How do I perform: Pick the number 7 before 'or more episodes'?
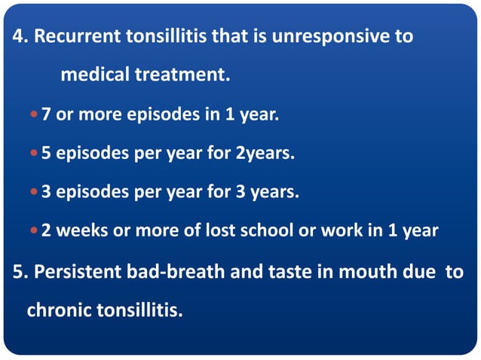47,115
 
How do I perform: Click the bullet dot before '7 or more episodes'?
35,116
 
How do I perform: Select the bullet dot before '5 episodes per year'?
35,154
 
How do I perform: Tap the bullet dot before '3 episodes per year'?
35,193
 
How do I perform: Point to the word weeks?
78,230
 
